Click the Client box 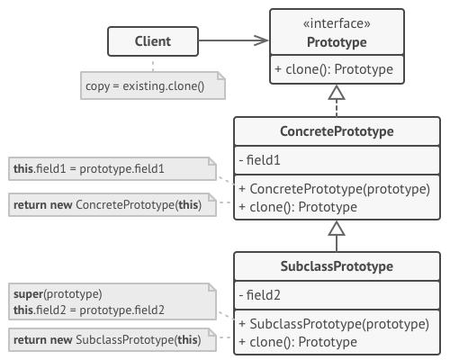pos(152,40)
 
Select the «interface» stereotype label pos(336,24)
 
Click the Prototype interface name pos(336,42)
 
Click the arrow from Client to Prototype pos(234,40)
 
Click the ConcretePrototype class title pos(337,132)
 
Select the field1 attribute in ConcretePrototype pos(261,161)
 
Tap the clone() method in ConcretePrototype pos(299,207)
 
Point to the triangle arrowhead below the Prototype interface pos(337,93)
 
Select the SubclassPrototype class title pos(337,267)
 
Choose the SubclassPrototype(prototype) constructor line pos(333,324)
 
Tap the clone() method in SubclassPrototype pos(299,342)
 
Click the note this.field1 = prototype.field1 pos(108,168)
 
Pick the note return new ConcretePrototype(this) pos(108,204)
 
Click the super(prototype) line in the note pos(58,294)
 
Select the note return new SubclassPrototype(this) pos(108,339)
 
